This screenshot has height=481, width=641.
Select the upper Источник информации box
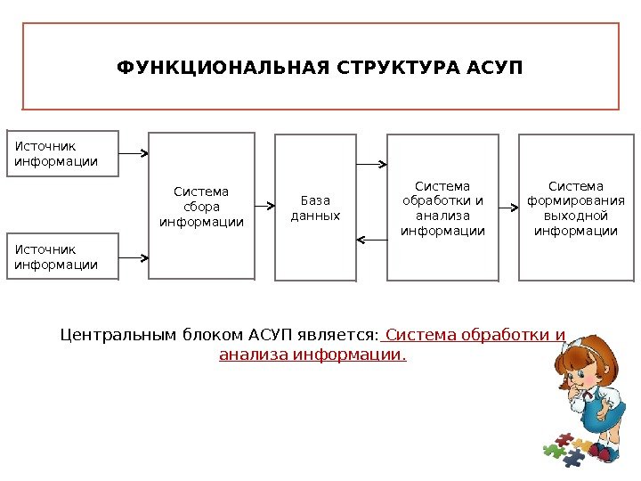coord(62,153)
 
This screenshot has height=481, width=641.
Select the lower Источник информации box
coord(62,257)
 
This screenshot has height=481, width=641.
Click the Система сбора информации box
coord(201,206)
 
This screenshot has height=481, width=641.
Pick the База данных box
coord(315,208)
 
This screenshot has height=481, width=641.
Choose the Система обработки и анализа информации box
coord(442,208)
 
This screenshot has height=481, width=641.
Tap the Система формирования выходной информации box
coord(575,208)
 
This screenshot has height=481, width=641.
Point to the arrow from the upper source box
coord(134,153)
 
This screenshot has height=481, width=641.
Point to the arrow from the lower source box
coord(134,258)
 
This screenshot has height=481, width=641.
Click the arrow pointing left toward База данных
coord(371,239)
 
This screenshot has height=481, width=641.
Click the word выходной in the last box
coord(575,216)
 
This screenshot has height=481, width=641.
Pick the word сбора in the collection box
coord(201,206)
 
